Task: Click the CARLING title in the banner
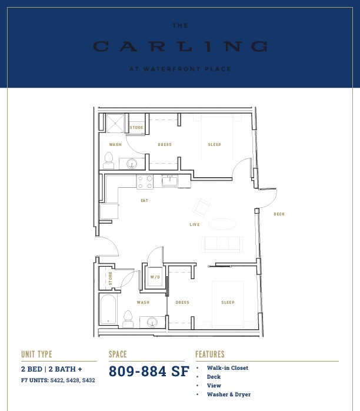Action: (181, 47)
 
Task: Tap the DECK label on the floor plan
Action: (279, 214)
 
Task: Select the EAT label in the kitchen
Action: (144, 201)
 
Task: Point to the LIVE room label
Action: (195, 224)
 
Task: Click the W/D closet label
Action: (155, 277)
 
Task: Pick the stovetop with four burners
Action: (145, 182)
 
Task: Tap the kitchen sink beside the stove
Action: (169, 181)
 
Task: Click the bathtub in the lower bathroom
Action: (108, 310)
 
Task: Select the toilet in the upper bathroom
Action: (108, 160)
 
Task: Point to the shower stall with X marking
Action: (115, 123)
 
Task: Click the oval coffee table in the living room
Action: (222, 224)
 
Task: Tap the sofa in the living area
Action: (222, 244)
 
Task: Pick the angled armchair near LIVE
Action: (201, 207)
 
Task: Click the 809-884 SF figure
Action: (149, 371)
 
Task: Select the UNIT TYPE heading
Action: (36, 354)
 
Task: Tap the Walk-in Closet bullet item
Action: (228, 368)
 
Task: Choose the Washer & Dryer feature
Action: (229, 395)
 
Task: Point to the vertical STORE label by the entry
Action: (110, 278)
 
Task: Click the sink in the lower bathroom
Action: (152, 322)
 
